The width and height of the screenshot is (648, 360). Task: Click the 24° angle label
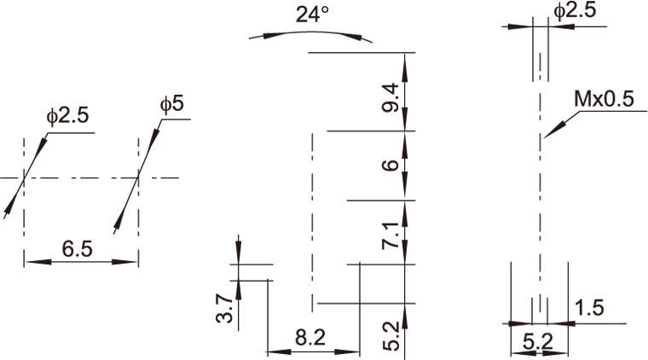coord(312,15)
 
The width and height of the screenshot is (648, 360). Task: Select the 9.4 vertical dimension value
coord(391,97)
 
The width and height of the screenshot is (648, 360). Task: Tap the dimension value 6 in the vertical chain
coord(391,165)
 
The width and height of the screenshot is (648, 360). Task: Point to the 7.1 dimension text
coord(391,235)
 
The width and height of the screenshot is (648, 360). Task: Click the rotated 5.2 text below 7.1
coord(391,336)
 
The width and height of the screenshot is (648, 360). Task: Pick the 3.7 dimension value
coord(224,308)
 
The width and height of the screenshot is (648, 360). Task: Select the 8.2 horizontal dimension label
coord(310,338)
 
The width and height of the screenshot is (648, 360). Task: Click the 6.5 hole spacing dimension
coord(78,249)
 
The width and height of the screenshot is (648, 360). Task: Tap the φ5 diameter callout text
coord(171,104)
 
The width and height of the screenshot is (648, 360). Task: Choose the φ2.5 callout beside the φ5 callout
coord(67,116)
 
